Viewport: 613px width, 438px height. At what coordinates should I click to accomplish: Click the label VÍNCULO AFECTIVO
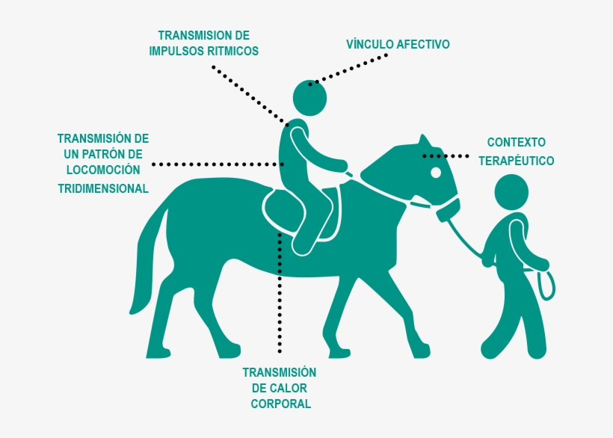pos(398,44)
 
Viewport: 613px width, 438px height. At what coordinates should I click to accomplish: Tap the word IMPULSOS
pos(176,51)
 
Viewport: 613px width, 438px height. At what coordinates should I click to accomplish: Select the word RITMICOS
pos(233,51)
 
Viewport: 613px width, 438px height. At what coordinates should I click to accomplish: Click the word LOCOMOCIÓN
pos(103,170)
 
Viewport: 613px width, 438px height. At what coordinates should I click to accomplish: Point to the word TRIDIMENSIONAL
pos(103,188)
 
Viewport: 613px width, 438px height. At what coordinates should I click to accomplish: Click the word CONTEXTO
pos(516,142)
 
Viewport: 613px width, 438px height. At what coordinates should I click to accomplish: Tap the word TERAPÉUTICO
pos(516,161)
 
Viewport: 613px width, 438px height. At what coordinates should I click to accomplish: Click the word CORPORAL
pos(280,404)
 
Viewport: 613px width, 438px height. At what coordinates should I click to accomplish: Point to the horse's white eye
pos(436,173)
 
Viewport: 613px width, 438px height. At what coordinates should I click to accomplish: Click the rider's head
pos(309,98)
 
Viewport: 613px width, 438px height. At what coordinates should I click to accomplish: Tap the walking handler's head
pos(511,192)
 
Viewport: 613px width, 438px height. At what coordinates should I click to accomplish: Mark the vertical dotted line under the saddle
pos(280,293)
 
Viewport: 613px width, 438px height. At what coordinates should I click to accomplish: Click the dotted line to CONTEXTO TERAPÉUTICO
pos(446,156)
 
